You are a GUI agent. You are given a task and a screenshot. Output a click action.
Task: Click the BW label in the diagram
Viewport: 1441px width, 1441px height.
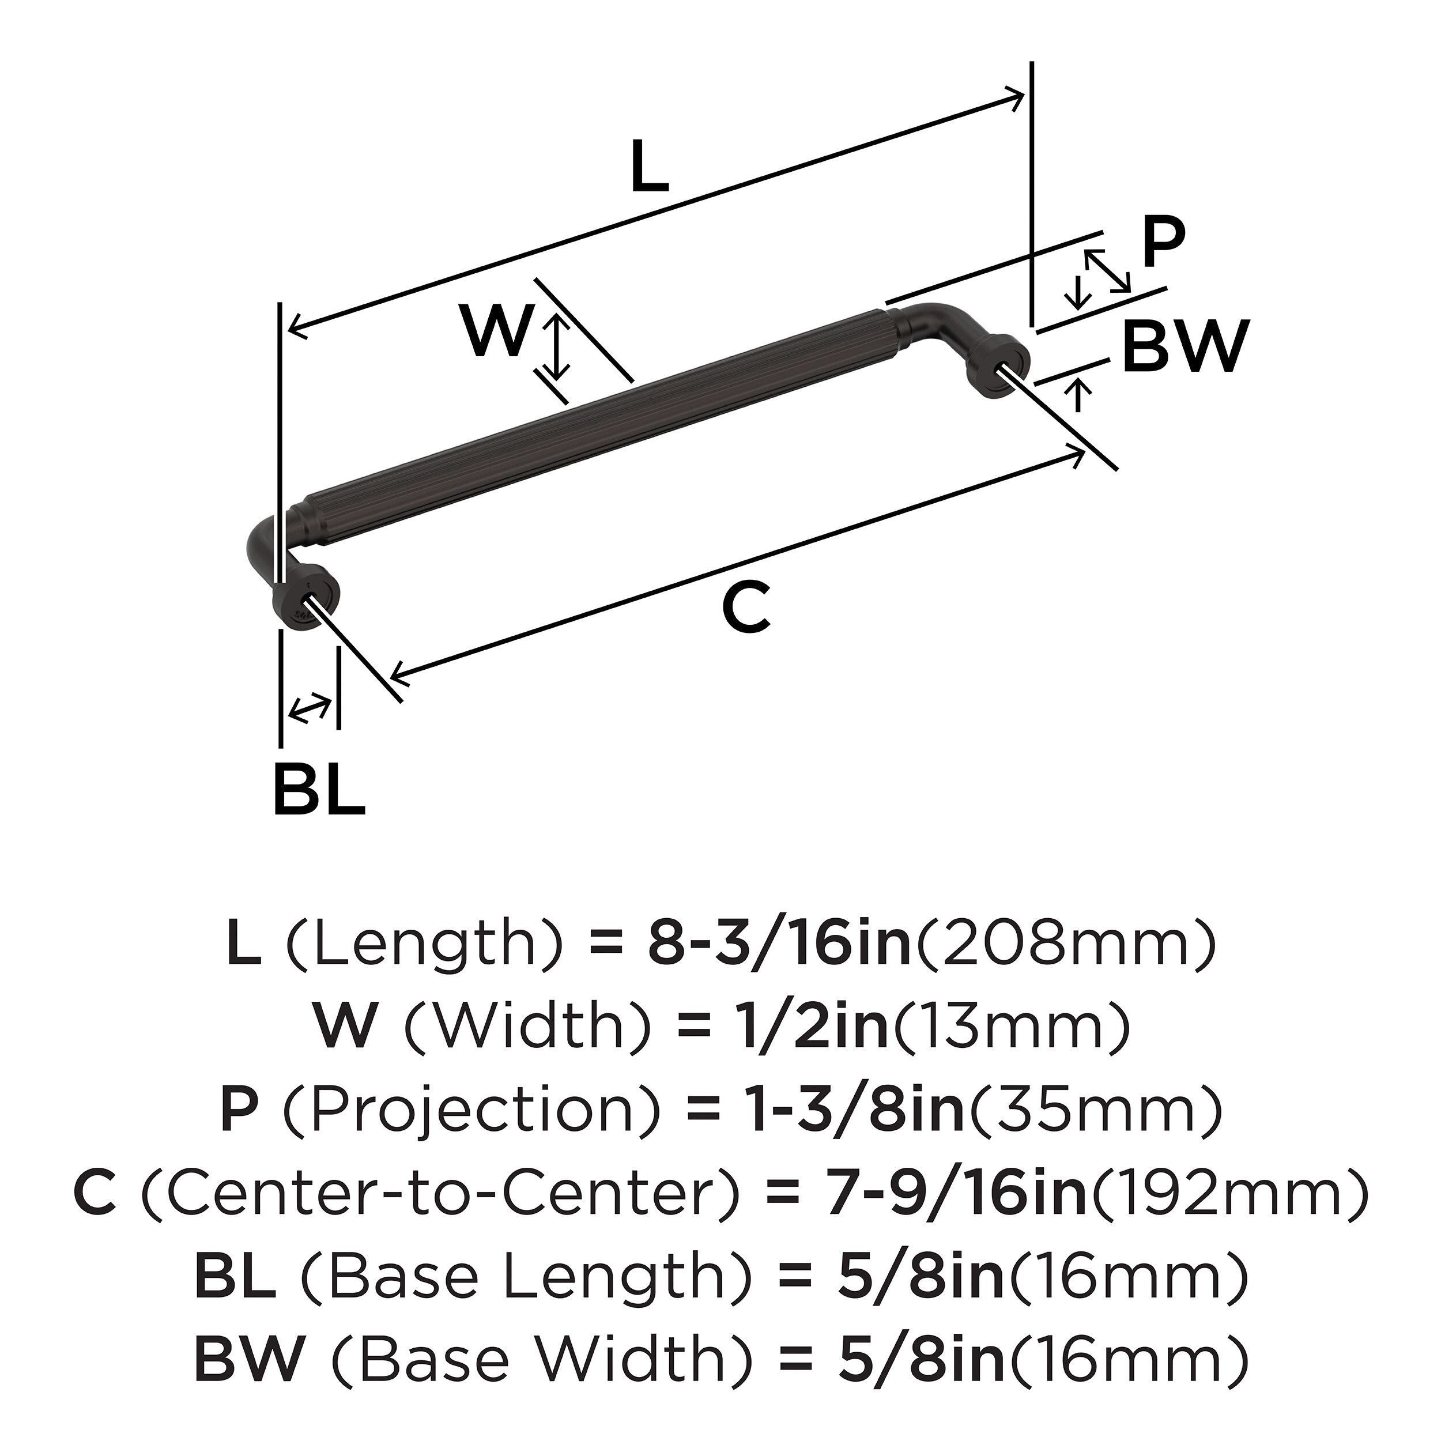(x=1185, y=347)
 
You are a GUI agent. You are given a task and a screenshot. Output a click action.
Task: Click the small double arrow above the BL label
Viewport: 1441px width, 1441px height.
(x=310, y=707)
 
